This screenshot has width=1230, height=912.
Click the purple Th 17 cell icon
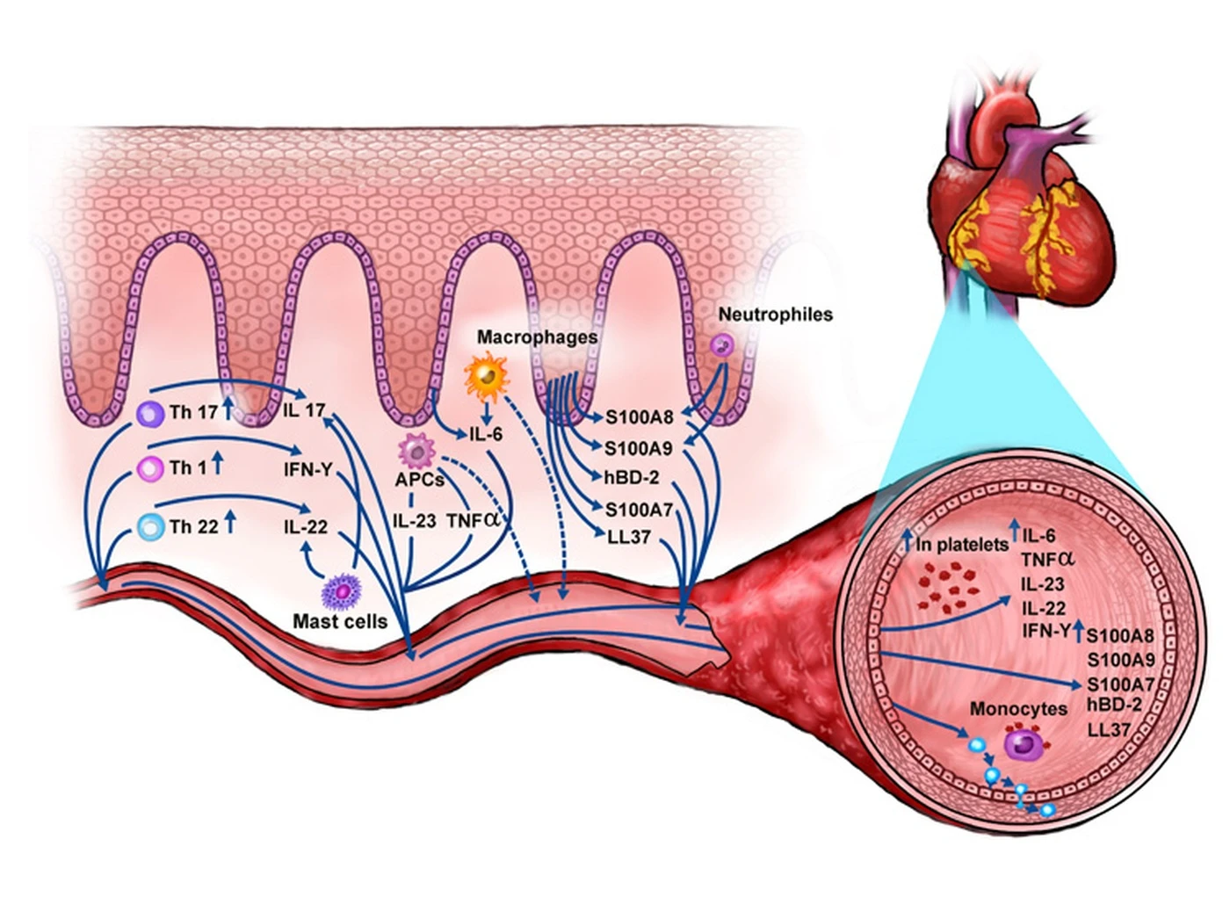(x=150, y=414)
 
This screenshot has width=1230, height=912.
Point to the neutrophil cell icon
(x=722, y=346)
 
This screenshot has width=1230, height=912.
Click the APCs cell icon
(x=417, y=452)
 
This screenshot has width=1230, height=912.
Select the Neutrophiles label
(x=775, y=315)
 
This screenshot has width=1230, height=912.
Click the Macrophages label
(x=538, y=337)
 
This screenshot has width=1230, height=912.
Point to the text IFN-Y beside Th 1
(x=307, y=470)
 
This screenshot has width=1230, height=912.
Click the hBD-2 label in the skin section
(x=632, y=477)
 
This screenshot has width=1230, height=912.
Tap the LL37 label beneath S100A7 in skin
(x=628, y=537)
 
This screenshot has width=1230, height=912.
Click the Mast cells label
(x=340, y=621)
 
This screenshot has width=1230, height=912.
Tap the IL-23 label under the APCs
(x=414, y=521)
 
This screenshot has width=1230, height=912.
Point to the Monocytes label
(x=1019, y=709)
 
